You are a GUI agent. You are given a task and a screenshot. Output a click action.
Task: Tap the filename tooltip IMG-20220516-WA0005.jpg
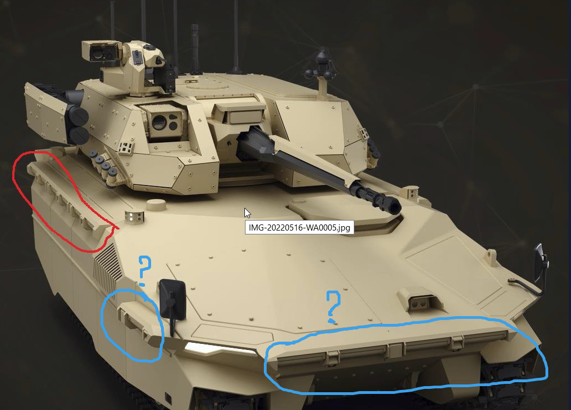pyautogui.click(x=299, y=228)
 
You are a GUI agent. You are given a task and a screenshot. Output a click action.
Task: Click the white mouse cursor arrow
pyautogui.click(x=247, y=213)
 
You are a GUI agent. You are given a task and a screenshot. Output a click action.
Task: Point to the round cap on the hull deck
pyautogui.click(x=156, y=205)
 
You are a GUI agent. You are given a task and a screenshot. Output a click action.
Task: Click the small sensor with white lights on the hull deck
pyautogui.click(x=134, y=217)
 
